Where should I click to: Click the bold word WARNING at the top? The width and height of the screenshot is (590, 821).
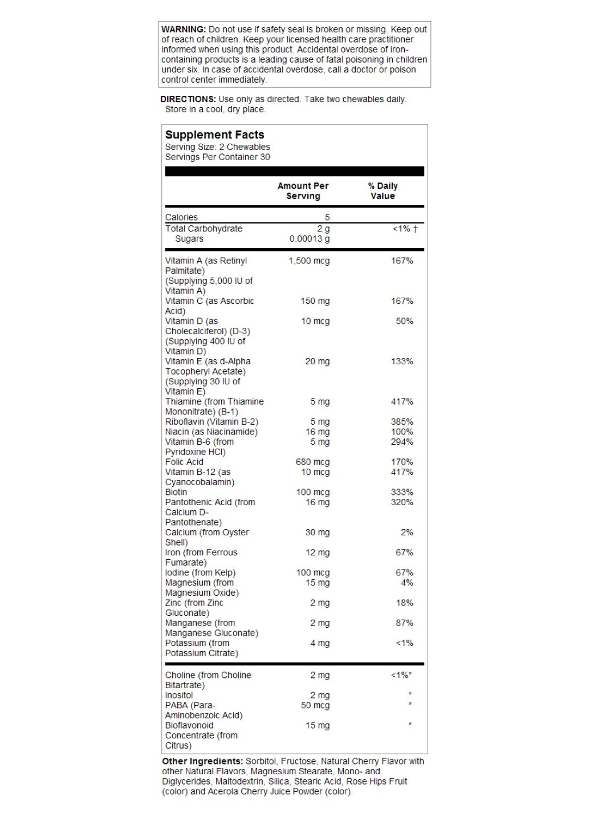pyautogui.click(x=183, y=29)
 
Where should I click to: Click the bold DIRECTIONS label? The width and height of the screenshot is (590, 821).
pyautogui.click(x=188, y=99)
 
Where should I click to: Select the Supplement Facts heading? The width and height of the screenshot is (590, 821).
pyautogui.click(x=214, y=135)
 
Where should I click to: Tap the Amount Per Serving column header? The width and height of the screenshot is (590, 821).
pyautogui.click(x=303, y=191)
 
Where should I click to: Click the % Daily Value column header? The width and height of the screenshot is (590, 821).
pyautogui.click(x=383, y=191)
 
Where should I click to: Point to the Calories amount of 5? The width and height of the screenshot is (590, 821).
pyautogui.click(x=327, y=217)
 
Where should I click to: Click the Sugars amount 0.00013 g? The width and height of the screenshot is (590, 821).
pyautogui.click(x=310, y=239)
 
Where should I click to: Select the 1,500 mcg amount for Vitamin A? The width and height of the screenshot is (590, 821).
pyautogui.click(x=309, y=261)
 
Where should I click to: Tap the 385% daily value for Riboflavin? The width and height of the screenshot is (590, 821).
pyautogui.click(x=402, y=422)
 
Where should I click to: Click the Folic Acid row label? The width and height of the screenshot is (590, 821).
pyautogui.click(x=184, y=462)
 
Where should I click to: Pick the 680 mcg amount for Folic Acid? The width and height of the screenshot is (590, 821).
pyautogui.click(x=312, y=462)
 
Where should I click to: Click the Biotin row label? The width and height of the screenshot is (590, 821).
pyautogui.click(x=176, y=492)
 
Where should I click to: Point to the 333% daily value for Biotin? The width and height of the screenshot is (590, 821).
pyautogui.click(x=402, y=492)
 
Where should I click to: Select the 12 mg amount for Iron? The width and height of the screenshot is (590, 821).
pyautogui.click(x=318, y=552)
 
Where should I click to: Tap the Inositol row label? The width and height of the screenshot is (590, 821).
pyautogui.click(x=179, y=696)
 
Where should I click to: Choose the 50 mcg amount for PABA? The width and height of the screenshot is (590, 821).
pyautogui.click(x=315, y=705)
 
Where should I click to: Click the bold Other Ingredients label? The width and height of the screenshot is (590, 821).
pyautogui.click(x=202, y=762)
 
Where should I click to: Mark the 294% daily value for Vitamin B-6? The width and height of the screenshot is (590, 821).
pyautogui.click(x=402, y=442)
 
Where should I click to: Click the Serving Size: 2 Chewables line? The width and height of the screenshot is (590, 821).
pyautogui.click(x=217, y=147)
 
